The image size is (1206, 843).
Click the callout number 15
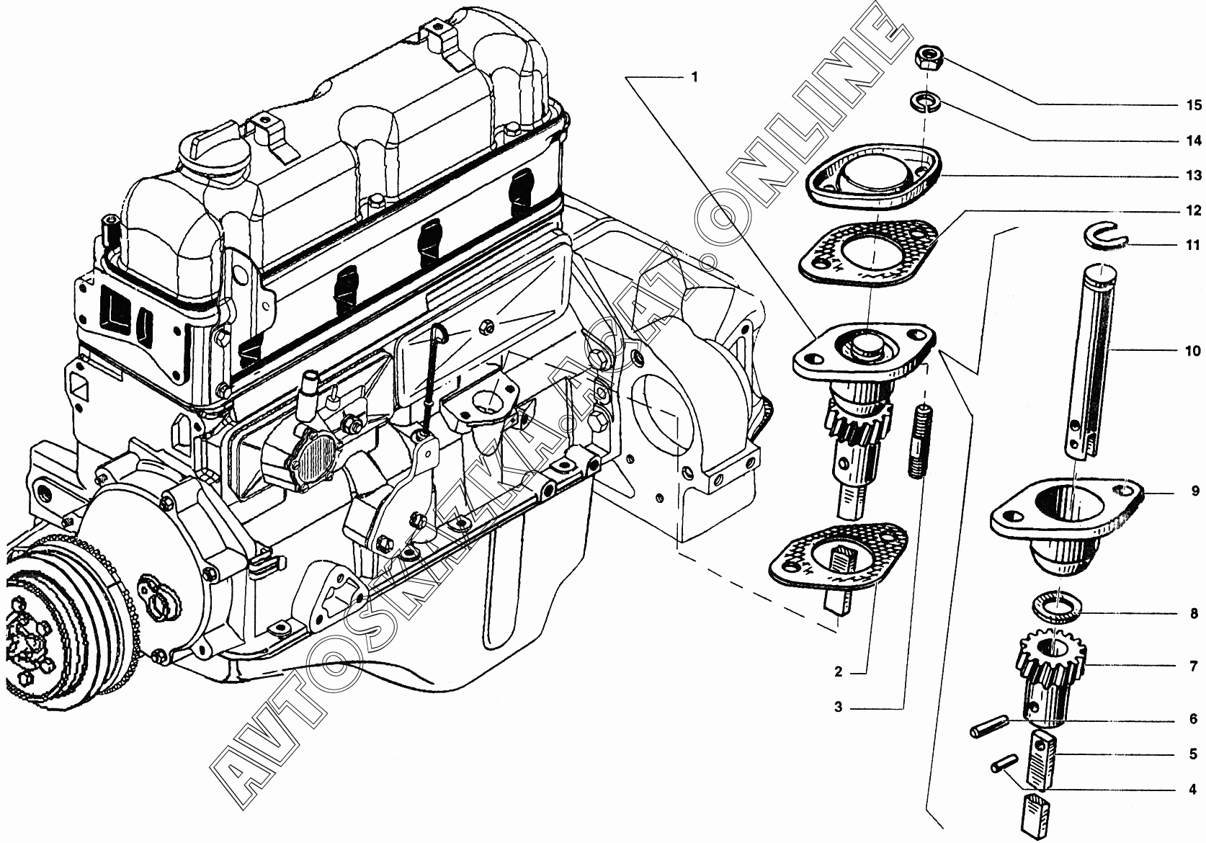click(1194, 120)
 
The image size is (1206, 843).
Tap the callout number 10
click(1193, 350)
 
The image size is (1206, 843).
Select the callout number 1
click(694, 77)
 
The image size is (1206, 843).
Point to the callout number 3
click(839, 708)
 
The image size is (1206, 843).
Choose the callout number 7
click(1194, 666)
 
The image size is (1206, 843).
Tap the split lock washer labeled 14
click(926, 101)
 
